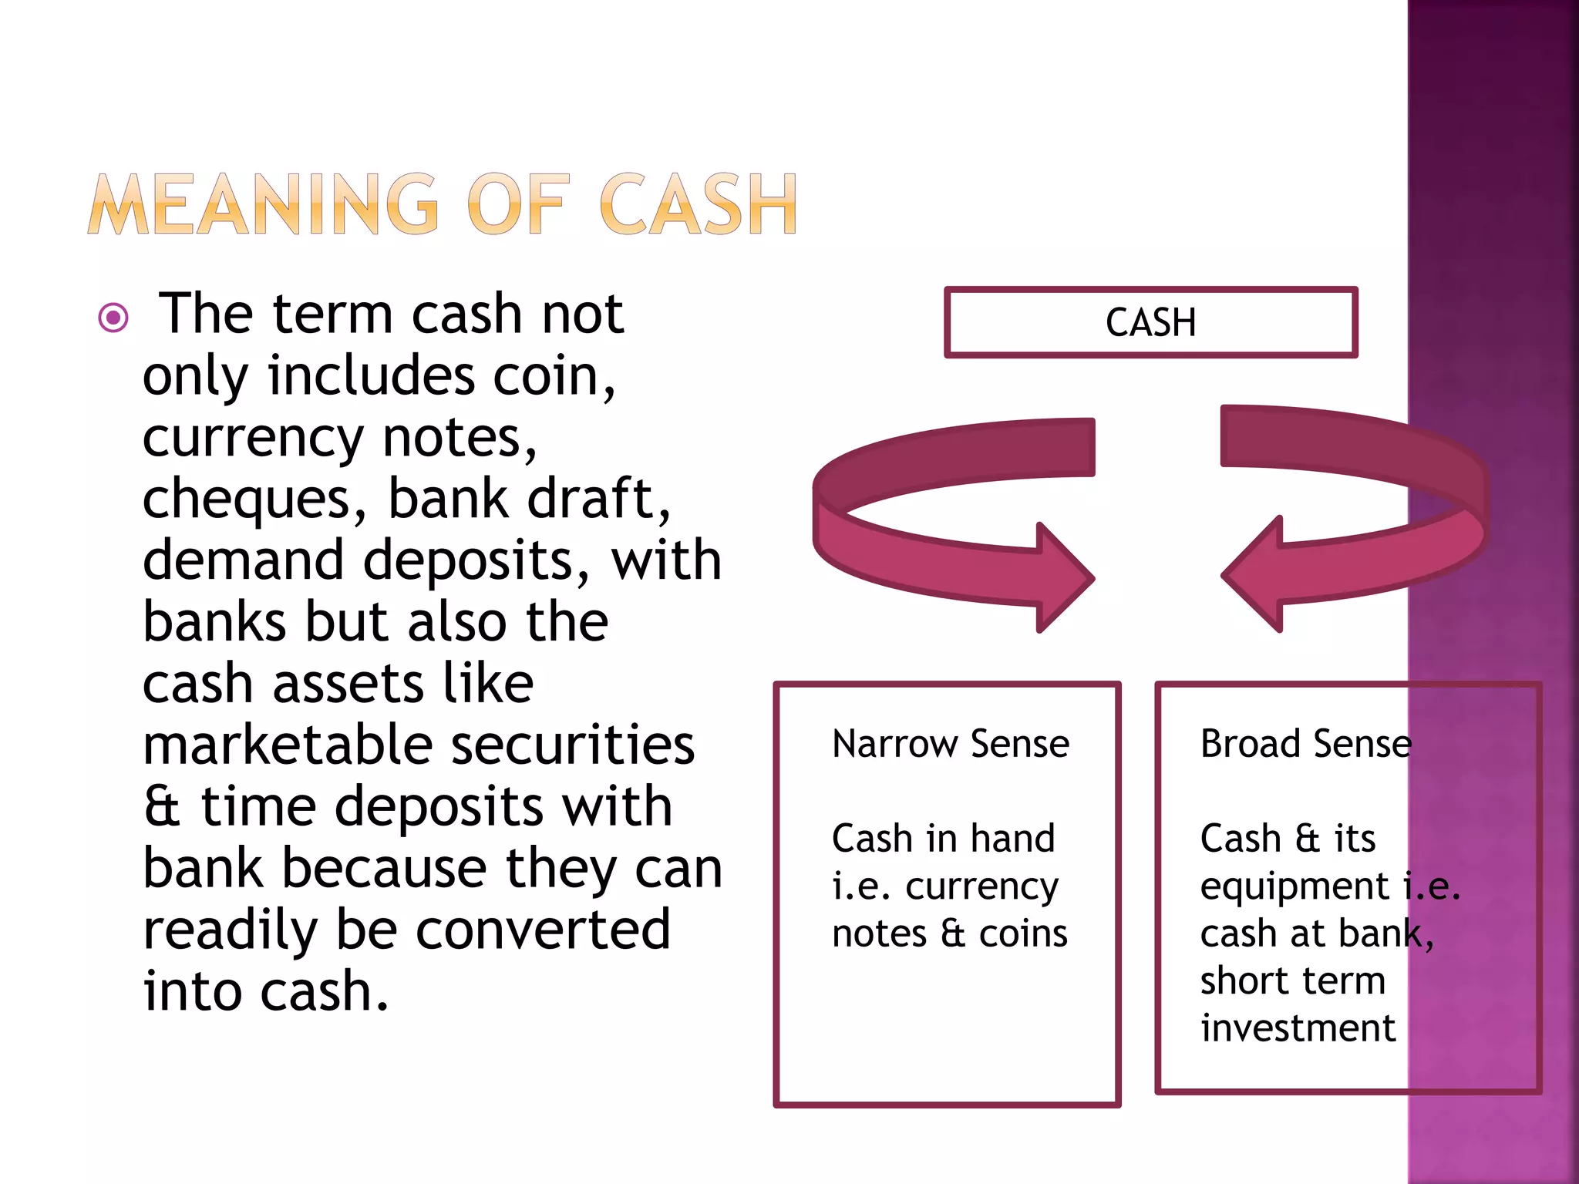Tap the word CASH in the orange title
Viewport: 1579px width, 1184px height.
698,203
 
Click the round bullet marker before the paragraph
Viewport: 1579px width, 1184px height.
113,317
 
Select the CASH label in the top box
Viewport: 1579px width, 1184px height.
1150,322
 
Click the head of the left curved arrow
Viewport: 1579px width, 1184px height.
1064,577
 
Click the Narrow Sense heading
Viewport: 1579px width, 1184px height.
951,744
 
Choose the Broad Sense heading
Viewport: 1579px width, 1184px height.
1306,744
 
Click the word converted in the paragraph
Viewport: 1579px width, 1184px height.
543,930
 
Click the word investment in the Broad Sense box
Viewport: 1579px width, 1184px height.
1298,1028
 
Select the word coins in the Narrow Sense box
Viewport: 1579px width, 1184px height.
1023,934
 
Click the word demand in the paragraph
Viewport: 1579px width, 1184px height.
243,560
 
